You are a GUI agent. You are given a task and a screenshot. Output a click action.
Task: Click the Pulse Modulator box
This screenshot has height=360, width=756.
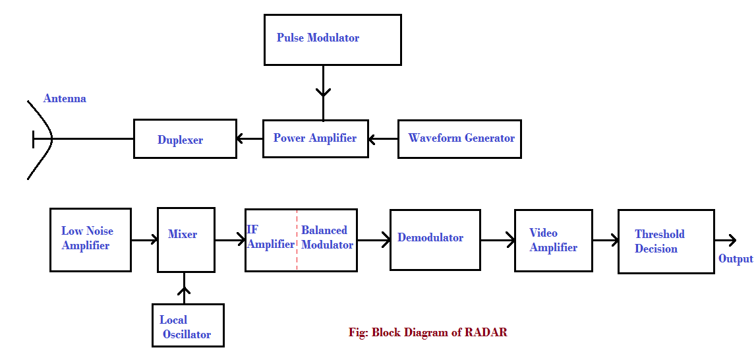pyautogui.click(x=332, y=40)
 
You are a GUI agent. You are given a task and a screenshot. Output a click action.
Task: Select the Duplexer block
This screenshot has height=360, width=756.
pyautogui.click(x=185, y=138)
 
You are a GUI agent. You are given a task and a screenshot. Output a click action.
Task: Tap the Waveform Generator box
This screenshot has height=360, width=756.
pyautogui.click(x=459, y=138)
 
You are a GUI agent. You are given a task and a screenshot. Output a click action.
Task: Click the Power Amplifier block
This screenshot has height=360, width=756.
pyautogui.click(x=315, y=138)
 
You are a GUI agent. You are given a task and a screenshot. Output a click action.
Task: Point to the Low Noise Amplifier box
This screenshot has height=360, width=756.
pyautogui.click(x=90, y=239)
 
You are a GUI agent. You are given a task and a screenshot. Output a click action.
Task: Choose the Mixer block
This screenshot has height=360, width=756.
pyautogui.click(x=186, y=239)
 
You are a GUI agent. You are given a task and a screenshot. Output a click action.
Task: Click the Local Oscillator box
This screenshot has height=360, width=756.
pyautogui.click(x=188, y=325)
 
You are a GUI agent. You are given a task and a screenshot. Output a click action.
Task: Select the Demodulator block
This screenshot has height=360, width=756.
pyautogui.click(x=435, y=239)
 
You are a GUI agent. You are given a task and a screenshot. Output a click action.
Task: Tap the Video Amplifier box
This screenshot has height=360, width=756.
pyautogui.click(x=553, y=240)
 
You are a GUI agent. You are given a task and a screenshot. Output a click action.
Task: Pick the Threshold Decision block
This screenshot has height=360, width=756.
pyautogui.click(x=666, y=241)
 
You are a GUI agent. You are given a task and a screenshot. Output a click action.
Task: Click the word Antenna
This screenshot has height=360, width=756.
pyautogui.click(x=65, y=99)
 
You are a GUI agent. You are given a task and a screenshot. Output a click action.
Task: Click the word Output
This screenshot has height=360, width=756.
pyautogui.click(x=736, y=259)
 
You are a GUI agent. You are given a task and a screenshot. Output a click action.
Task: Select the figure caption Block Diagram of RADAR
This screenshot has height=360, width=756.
pyautogui.click(x=428, y=332)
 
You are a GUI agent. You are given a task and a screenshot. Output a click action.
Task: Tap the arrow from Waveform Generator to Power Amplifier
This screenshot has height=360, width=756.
pyautogui.click(x=383, y=139)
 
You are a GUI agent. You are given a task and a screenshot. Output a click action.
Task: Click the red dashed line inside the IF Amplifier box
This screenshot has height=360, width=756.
pyautogui.click(x=297, y=239)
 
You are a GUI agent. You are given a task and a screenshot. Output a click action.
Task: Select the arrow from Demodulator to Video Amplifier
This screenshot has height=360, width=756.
pyautogui.click(x=497, y=240)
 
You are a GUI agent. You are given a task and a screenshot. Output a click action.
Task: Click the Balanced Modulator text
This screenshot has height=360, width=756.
pyautogui.click(x=327, y=238)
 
